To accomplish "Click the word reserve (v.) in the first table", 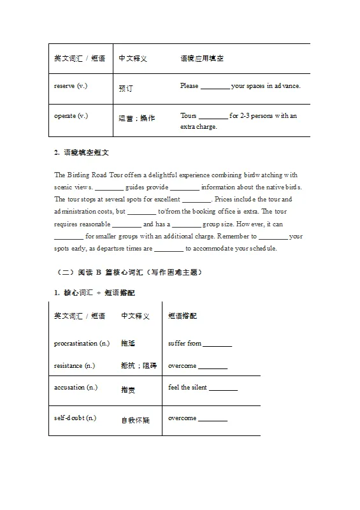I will coord(71,86).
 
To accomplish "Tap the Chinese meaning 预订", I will coord(126,89).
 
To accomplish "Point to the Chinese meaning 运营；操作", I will coord(136,118).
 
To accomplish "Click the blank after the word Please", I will coord(215,86).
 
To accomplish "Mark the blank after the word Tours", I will coord(213,116).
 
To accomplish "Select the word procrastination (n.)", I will coord(81,344).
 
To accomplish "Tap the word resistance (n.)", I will coord(74,366).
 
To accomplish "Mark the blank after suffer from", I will coord(217,344).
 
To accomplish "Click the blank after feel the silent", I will coord(223,388).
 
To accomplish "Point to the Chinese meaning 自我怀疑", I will coord(135,420).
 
